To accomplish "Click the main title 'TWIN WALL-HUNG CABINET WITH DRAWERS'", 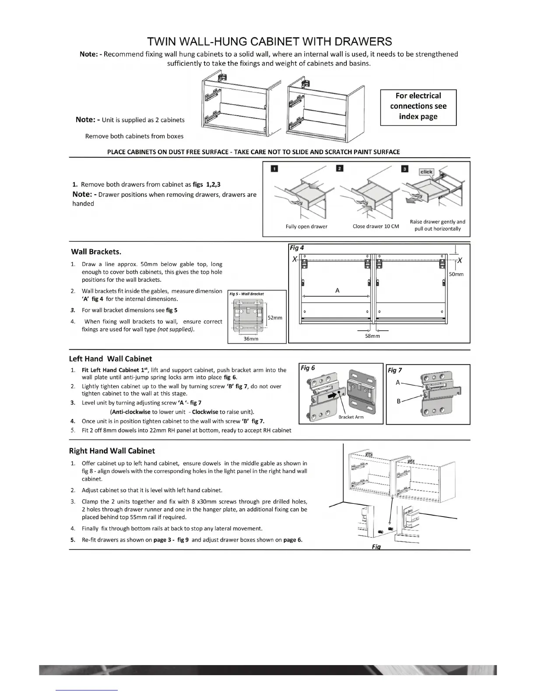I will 269,42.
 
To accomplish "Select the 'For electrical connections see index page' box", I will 418,106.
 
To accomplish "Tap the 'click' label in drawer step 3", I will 426,172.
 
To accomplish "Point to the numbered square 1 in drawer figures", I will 274,169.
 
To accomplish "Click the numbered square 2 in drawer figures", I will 340,169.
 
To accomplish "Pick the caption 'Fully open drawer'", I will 307,227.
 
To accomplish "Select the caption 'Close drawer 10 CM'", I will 376,227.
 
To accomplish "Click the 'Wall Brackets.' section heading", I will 96,252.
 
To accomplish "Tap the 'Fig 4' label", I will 297,248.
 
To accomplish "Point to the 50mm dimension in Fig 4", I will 456,274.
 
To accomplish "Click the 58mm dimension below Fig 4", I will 372,336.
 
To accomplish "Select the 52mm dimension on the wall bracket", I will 275,318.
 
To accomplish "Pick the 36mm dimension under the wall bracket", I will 251,339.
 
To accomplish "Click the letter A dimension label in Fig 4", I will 337,290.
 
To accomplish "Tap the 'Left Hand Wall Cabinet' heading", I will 110,359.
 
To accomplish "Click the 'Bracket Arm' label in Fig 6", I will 351,417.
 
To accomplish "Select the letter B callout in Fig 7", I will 398,401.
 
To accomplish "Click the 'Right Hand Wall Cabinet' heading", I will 112,451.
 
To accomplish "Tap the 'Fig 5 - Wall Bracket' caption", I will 247,294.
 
